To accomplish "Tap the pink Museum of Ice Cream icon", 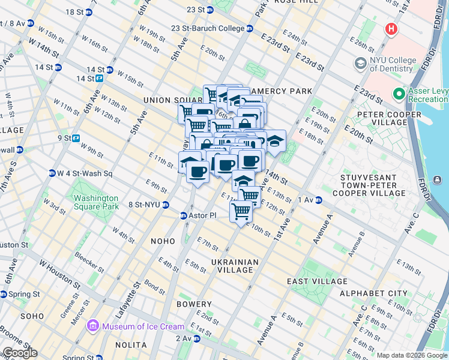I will [x=93, y=326].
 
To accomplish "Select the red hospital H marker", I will [x=391, y=28].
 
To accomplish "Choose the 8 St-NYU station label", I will [x=144, y=205].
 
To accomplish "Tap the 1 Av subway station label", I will [x=306, y=200].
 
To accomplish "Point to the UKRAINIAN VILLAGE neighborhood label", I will [x=235, y=266].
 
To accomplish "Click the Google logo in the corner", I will [x=19, y=353].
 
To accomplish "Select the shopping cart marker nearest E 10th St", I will [x=241, y=211].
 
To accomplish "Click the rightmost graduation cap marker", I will [x=275, y=141].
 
